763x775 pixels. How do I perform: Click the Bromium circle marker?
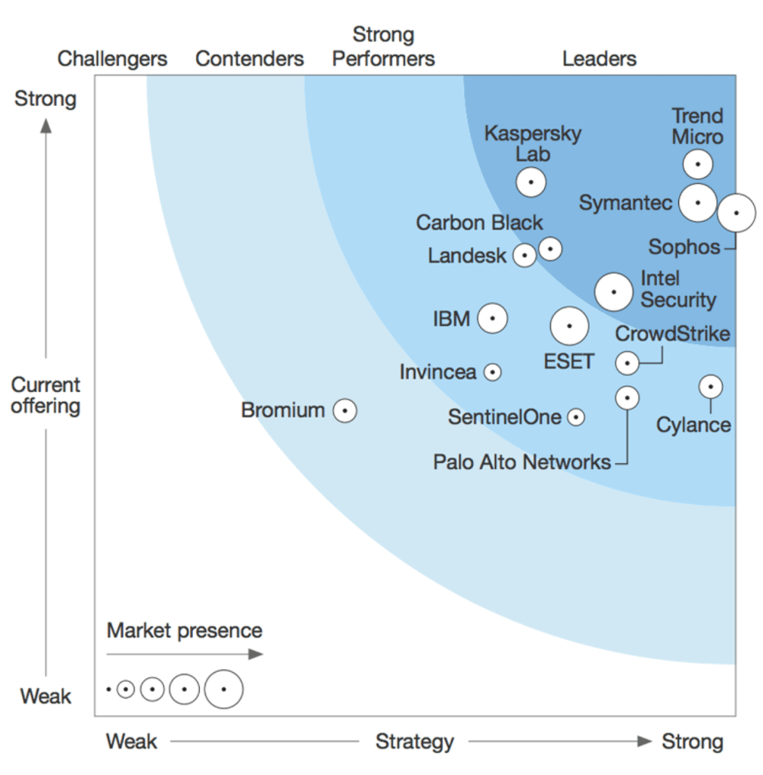click(344, 410)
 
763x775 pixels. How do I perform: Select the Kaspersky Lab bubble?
click(531, 182)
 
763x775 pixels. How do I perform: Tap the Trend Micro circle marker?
click(697, 164)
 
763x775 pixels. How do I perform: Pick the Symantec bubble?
click(697, 202)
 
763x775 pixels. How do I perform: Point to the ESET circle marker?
click(569, 326)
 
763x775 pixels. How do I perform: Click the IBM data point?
click(493, 319)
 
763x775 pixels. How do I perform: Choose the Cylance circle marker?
click(710, 387)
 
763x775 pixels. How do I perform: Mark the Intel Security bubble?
click(613, 291)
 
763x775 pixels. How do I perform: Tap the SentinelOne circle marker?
click(576, 417)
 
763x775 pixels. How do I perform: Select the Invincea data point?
click(493, 372)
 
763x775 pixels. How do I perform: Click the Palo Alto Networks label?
click(522, 462)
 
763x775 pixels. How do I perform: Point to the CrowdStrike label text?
click(672, 334)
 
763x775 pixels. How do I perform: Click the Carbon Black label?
click(479, 223)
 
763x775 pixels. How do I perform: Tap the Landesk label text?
click(466, 256)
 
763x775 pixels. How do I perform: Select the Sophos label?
click(684, 247)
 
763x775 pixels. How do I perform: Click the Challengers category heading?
click(113, 59)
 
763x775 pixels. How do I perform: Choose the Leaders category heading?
click(599, 59)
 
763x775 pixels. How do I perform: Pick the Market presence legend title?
click(184, 630)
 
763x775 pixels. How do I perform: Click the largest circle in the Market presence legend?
click(223, 689)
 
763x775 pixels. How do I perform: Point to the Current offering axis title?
click(45, 395)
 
